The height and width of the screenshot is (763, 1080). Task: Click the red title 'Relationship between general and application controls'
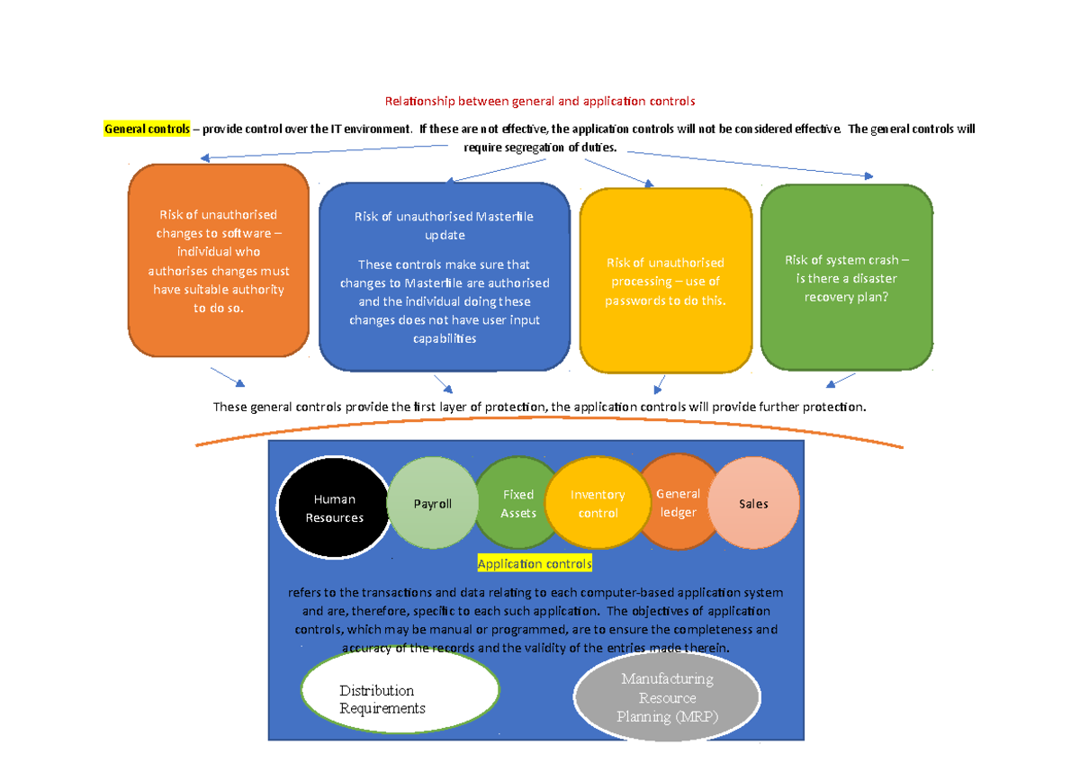540,102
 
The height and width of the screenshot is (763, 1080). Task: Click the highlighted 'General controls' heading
147,129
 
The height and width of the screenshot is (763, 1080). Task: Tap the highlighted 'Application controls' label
535,564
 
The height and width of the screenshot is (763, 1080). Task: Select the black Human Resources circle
334,507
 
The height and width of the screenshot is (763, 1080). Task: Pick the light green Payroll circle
432,504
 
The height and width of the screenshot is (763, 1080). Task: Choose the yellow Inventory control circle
598,504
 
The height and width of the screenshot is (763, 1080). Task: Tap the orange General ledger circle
677,502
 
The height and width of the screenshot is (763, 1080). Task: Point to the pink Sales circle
754,503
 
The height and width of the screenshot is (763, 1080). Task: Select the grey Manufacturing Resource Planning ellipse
666,698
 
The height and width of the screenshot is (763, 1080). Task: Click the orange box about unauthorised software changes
219,261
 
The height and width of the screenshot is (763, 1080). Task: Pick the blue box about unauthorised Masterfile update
445,276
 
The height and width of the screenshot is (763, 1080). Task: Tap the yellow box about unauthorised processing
665,281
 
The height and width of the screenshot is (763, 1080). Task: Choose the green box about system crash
846,277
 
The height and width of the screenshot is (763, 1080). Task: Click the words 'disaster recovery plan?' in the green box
846,288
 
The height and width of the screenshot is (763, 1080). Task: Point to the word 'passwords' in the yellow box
634,301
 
